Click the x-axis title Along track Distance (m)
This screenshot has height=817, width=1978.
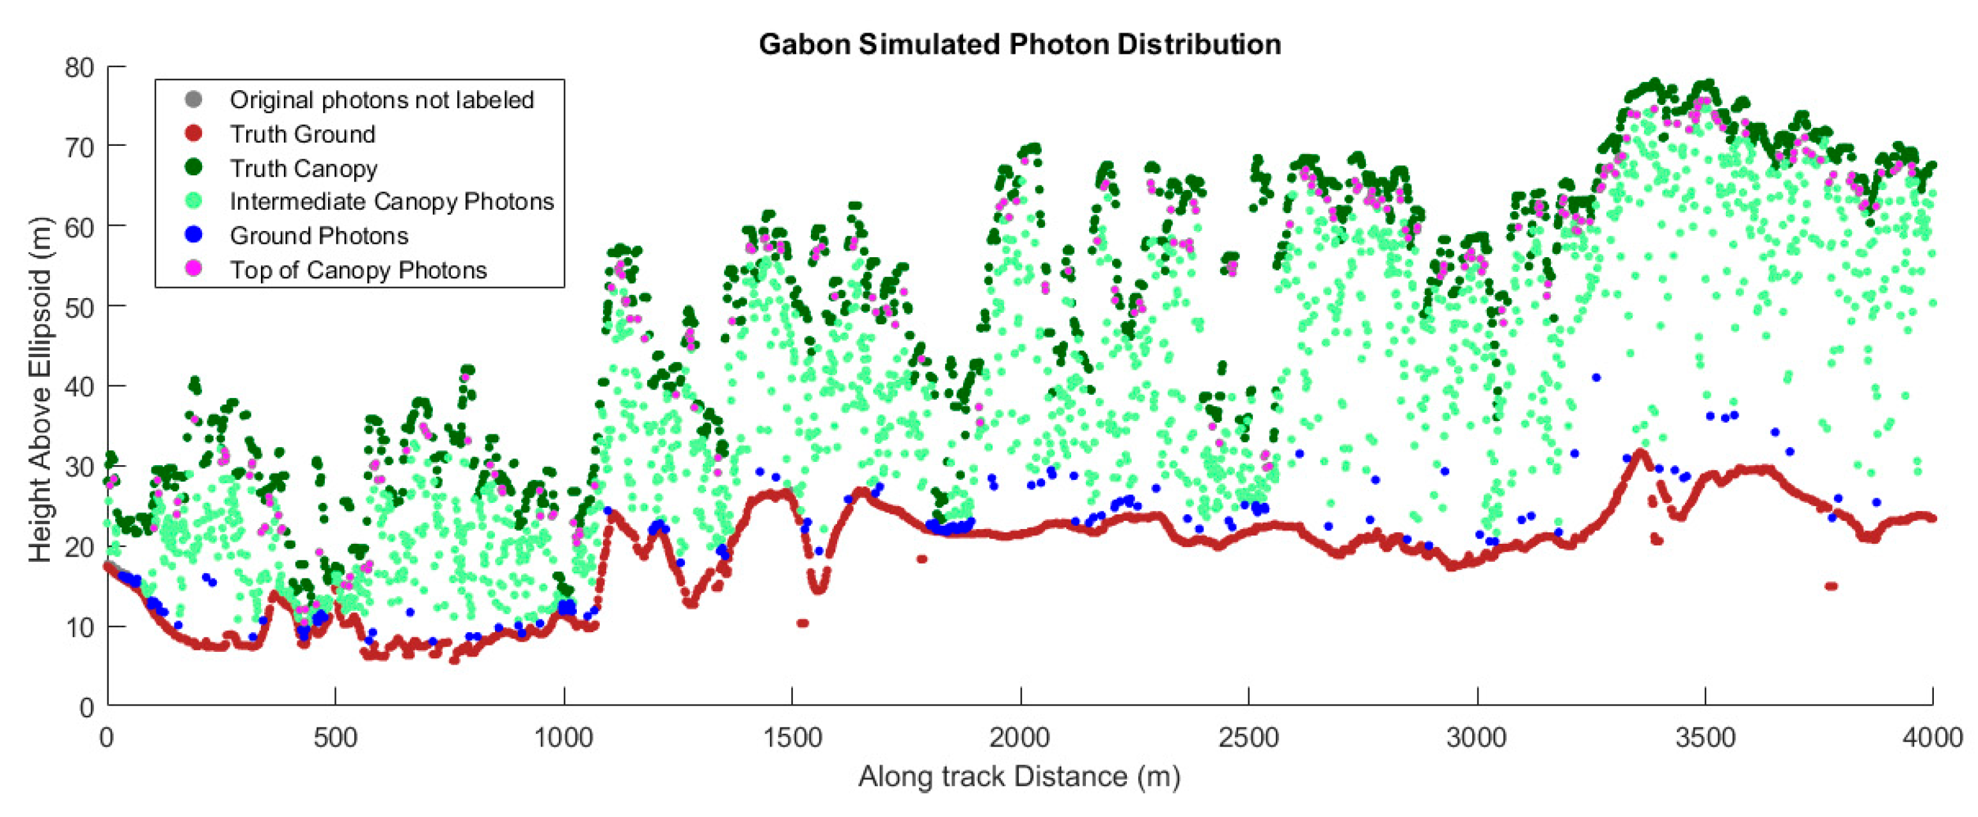tap(1019, 776)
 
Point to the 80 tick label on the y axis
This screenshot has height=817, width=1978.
tap(79, 68)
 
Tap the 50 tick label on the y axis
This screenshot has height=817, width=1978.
tap(79, 308)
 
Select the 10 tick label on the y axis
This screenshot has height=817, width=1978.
tap(79, 628)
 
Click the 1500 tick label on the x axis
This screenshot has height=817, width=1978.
tap(792, 738)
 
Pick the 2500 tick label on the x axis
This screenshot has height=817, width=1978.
tap(1248, 738)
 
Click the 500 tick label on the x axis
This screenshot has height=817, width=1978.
tap(336, 738)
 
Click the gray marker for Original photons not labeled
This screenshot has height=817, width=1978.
tap(194, 100)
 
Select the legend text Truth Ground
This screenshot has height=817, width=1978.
tap(302, 134)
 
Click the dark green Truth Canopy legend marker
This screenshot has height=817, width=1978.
tap(194, 168)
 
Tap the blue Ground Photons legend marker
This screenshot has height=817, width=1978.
tap(194, 235)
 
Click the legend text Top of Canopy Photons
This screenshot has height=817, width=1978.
tap(358, 269)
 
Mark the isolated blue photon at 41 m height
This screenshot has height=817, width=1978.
tap(1596, 377)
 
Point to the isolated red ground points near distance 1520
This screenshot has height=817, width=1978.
tap(803, 623)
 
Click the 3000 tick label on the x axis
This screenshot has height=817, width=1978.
tap(1477, 738)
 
